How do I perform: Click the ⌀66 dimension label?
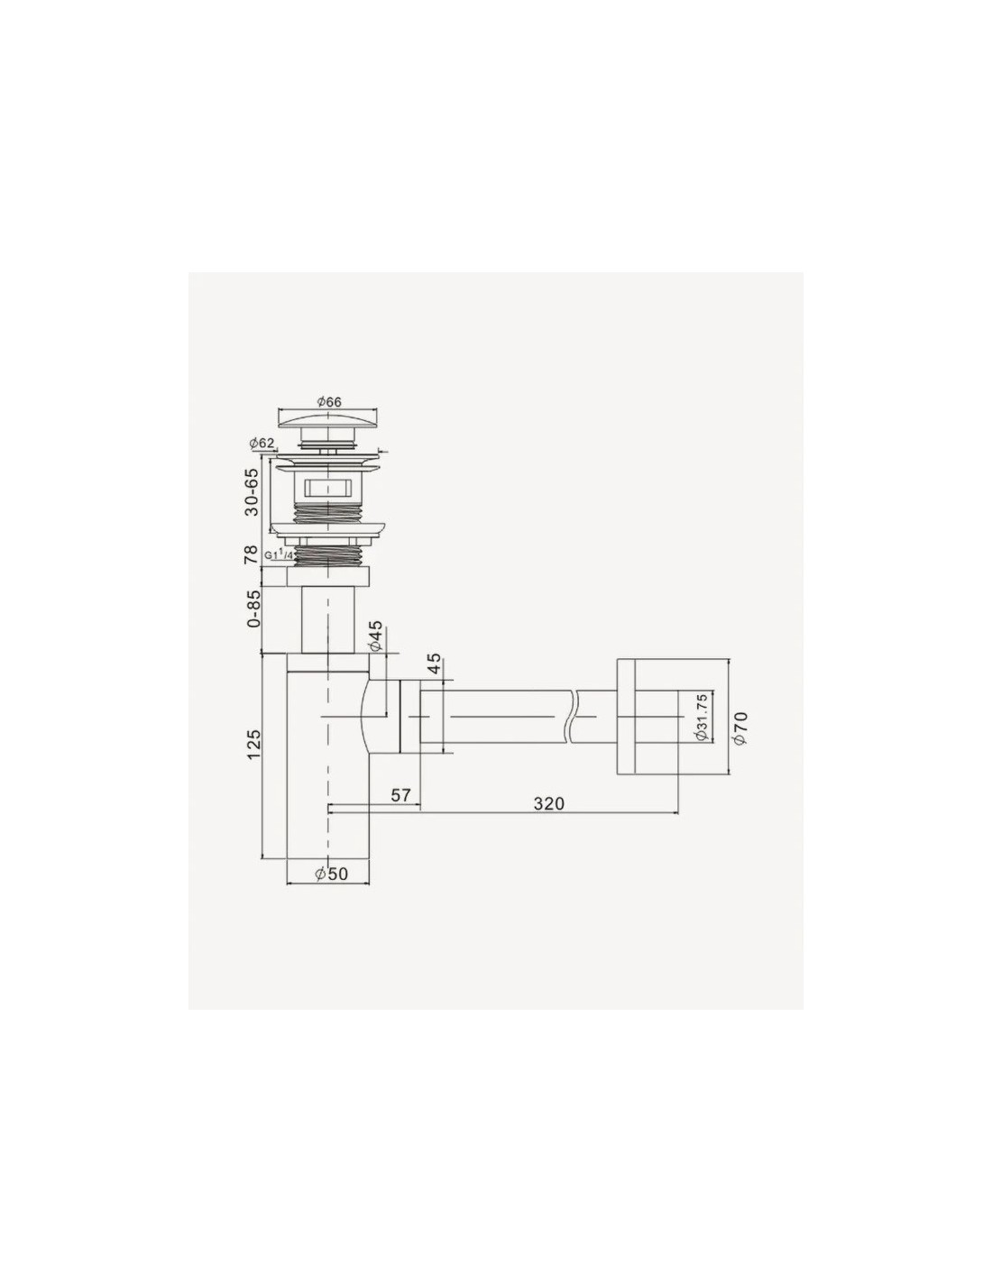tap(329, 402)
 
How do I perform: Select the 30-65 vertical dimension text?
tap(252, 491)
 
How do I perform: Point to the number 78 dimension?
tap(252, 554)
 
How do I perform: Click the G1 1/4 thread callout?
tap(279, 554)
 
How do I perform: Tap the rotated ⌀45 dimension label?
tap(375, 636)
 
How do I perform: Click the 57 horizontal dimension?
tap(400, 794)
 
